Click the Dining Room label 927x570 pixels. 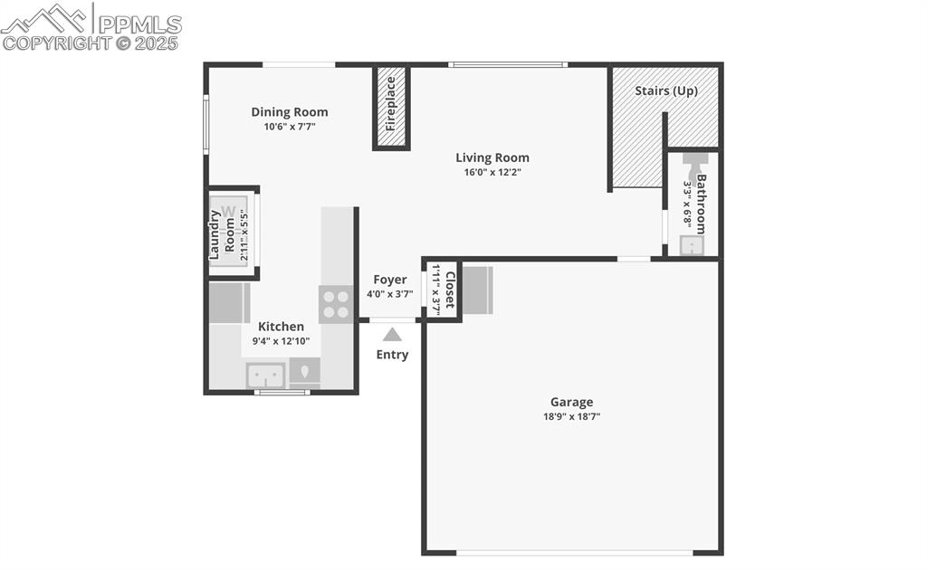pyautogui.click(x=290, y=112)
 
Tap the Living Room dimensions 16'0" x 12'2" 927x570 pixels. pyautogui.click(x=492, y=172)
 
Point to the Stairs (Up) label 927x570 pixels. pyautogui.click(x=665, y=91)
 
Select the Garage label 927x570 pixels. pyautogui.click(x=572, y=402)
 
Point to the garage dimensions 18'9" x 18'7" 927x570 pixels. pyautogui.click(x=572, y=417)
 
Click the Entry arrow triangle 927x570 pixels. pyautogui.click(x=392, y=335)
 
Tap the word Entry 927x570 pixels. pyautogui.click(x=392, y=355)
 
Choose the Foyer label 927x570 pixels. pyautogui.click(x=390, y=280)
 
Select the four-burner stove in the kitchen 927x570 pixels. pyautogui.click(x=336, y=304)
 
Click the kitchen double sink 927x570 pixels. pyautogui.click(x=266, y=374)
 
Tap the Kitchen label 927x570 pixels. pyautogui.click(x=282, y=327)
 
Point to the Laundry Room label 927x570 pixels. pyautogui.click(x=223, y=235)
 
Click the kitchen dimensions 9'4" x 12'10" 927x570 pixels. pyautogui.click(x=282, y=342)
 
